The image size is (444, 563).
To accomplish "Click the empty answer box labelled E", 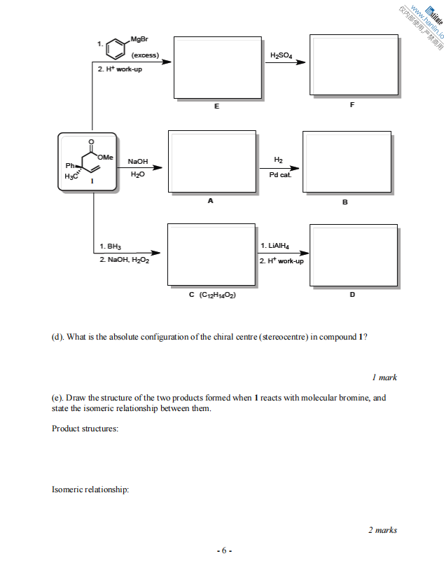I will (217, 67).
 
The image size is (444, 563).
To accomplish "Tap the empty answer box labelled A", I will (211, 162).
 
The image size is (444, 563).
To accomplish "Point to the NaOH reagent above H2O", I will (137, 161).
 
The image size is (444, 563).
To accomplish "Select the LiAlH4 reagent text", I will (275, 246).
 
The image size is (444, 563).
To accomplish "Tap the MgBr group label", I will (139, 38).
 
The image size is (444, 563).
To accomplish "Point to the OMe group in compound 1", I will (108, 157).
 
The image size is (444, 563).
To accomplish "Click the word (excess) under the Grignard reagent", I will (145, 55).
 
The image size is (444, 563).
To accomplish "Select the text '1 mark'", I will (384, 377).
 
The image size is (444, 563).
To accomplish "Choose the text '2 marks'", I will (382, 530).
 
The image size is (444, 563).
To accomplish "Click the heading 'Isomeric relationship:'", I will (90, 489).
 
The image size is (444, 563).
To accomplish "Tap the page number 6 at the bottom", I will (222, 550).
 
